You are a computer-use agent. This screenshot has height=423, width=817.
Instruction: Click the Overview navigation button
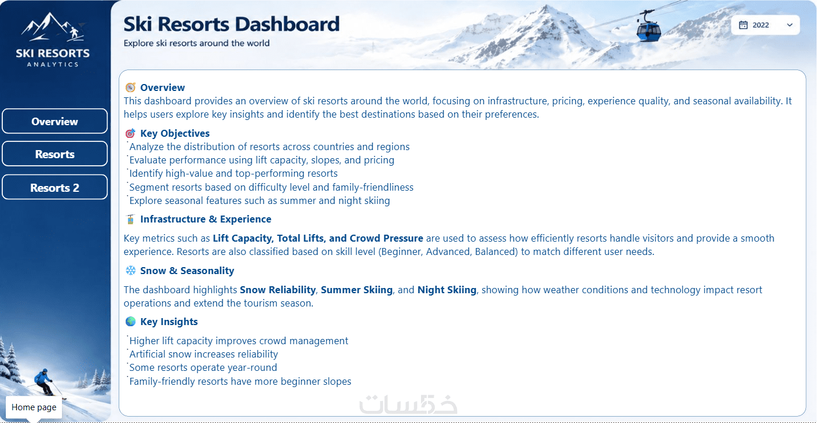tap(54, 121)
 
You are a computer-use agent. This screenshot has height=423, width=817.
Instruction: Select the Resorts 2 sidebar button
tap(54, 187)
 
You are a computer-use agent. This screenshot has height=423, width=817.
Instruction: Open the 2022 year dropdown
tap(765, 25)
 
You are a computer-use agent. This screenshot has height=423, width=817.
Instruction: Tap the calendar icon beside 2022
tap(743, 25)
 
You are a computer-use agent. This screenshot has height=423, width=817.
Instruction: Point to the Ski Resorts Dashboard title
tap(232, 24)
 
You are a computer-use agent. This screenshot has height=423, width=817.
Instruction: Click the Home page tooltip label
tap(34, 407)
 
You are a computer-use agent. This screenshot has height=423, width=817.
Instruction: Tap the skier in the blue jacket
tap(44, 381)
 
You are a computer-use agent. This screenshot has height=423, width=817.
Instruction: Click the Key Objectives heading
tap(175, 133)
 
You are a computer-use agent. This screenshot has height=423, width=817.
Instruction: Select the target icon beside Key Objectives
tap(130, 133)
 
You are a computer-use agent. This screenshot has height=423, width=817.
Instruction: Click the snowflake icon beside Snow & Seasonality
tap(130, 271)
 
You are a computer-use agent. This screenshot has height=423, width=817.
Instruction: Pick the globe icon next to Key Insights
tap(130, 322)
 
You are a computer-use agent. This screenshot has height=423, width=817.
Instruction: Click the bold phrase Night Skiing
tap(447, 290)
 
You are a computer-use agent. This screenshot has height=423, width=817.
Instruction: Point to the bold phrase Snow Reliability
tap(277, 290)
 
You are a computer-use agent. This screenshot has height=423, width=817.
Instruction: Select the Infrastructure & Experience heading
tap(206, 219)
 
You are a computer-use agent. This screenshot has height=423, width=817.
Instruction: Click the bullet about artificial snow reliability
tap(203, 354)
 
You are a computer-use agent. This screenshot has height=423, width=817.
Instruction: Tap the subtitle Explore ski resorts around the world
tap(197, 43)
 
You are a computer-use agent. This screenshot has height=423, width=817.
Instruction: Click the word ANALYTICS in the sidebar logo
tap(53, 64)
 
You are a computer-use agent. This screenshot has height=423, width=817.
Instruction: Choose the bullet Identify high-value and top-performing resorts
tap(233, 173)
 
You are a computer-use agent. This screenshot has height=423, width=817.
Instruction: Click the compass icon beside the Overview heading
tap(130, 87)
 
